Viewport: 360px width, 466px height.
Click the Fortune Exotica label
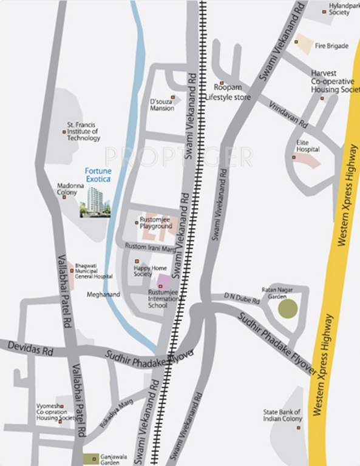pos(97,176)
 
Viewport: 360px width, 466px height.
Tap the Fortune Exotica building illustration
pos(94,202)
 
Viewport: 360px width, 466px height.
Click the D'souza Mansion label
pos(161,105)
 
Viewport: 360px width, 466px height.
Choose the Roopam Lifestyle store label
pos(228,92)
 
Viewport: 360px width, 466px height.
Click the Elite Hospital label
pos(308,145)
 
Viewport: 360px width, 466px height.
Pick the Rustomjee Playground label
pos(156,223)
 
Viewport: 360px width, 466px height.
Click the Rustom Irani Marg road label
pos(150,246)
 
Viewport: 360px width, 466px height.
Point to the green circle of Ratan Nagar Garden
pos(288,309)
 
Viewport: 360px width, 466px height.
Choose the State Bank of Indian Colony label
pos(282,415)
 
